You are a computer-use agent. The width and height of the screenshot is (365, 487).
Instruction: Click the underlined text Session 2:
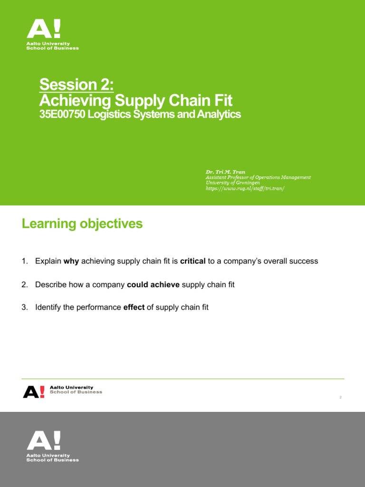coord(77,85)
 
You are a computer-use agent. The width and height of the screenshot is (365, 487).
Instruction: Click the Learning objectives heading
coord(82,224)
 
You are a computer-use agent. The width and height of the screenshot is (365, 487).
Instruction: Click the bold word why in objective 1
coord(71,261)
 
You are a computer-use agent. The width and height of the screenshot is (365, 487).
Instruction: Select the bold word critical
coord(193,261)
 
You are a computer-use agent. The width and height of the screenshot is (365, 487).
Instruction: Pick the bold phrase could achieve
coord(154,284)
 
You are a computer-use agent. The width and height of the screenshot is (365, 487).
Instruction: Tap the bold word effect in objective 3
coord(134,308)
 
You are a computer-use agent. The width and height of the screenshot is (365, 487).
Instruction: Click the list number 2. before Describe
coord(25,284)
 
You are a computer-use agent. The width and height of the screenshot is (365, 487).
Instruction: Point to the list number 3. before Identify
coord(25,308)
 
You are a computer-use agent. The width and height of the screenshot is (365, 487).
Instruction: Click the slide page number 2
coord(341,398)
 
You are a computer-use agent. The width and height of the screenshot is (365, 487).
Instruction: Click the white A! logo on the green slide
coord(44,29)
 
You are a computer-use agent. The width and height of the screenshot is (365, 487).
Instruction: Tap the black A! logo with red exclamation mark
coord(34,391)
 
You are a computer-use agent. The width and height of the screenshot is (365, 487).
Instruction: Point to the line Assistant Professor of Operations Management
coord(258,177)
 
